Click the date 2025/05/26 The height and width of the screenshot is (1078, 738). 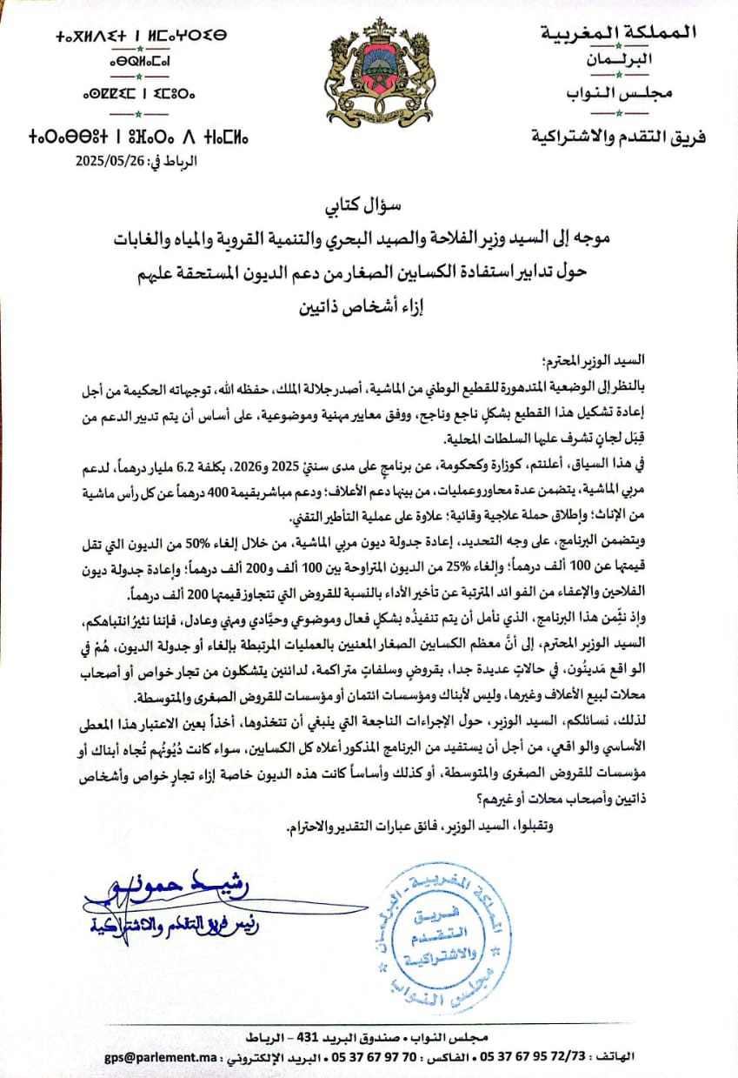(x=109, y=160)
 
